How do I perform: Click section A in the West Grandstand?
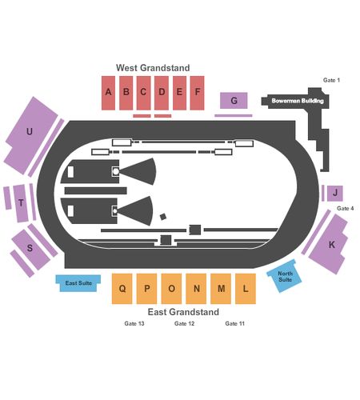108,93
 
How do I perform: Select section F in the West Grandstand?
197,93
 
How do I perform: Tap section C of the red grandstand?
144,93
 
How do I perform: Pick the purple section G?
234,101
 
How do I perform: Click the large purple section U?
30,134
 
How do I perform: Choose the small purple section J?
335,194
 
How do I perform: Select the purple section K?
330,244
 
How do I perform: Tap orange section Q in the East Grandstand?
122,289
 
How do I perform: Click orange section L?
246,289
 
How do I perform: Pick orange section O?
171,289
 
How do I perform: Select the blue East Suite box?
78,283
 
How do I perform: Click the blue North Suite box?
284,276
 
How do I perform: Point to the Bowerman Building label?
298,101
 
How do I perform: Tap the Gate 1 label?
331,80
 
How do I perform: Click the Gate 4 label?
346,208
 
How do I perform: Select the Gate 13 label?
134,323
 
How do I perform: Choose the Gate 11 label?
234,323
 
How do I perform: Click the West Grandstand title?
153,68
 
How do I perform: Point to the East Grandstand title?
183,312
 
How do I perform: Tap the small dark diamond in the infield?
163,217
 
